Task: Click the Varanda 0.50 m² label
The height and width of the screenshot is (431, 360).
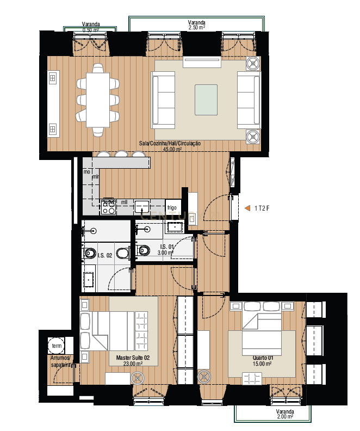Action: point(91,27)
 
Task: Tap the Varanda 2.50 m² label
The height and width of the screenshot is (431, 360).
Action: point(197,24)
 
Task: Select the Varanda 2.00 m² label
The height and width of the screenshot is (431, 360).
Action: point(284,414)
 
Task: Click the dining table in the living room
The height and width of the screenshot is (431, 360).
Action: point(98,100)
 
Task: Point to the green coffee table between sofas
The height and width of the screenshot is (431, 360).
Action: point(206,100)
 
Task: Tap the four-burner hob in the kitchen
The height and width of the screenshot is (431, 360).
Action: point(108,207)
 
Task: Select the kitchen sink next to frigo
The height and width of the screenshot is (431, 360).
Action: point(142,207)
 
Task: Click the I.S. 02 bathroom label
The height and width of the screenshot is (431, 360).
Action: point(104,255)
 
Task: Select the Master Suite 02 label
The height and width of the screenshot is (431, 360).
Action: point(129,360)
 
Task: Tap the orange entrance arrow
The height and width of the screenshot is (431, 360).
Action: point(247,207)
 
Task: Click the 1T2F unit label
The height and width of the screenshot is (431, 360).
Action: point(263,207)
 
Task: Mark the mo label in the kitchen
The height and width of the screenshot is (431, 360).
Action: point(86,172)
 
